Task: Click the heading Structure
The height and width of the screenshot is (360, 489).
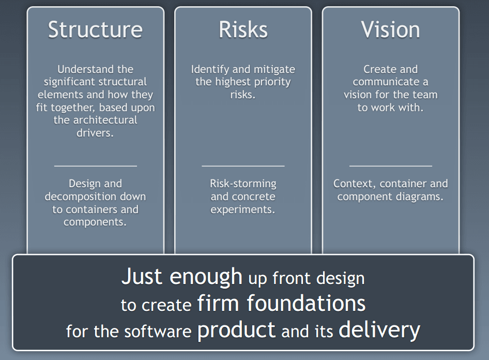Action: point(96,29)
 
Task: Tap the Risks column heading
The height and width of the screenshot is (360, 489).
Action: point(243,29)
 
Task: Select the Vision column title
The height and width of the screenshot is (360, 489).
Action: point(390,29)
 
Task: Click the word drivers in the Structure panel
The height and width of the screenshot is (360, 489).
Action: point(95,133)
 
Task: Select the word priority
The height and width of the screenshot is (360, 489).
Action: point(272,82)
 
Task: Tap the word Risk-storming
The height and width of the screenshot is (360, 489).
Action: point(243,184)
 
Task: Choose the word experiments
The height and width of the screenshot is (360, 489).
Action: point(243,209)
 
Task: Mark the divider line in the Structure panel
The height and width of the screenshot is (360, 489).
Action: point(96,166)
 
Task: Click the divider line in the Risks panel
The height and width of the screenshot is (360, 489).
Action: point(243,166)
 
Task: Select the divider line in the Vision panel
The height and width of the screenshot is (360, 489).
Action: point(390,166)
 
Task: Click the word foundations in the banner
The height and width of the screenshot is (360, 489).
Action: point(306,303)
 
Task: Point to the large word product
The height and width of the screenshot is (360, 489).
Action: point(236,331)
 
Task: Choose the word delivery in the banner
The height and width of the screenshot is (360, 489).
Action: point(379,330)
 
